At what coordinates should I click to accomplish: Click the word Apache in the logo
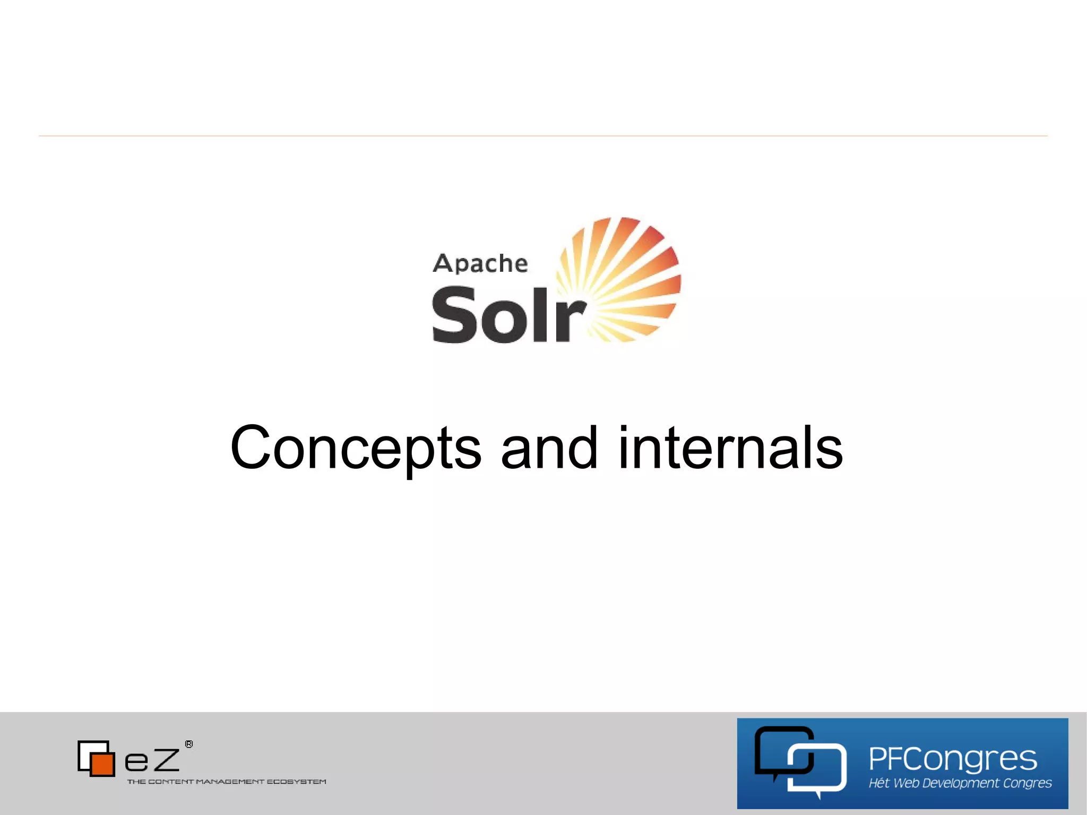[x=480, y=264]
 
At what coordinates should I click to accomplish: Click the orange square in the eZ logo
[x=102, y=763]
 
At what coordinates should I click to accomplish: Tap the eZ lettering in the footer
[x=152, y=760]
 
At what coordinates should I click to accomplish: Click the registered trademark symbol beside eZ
[x=189, y=744]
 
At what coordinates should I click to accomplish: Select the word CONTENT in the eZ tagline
[x=171, y=782]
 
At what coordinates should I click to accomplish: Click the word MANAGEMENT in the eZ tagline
[x=230, y=782]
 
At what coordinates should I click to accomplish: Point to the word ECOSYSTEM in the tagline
[x=296, y=782]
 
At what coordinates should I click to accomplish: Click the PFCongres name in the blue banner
[x=953, y=758]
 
